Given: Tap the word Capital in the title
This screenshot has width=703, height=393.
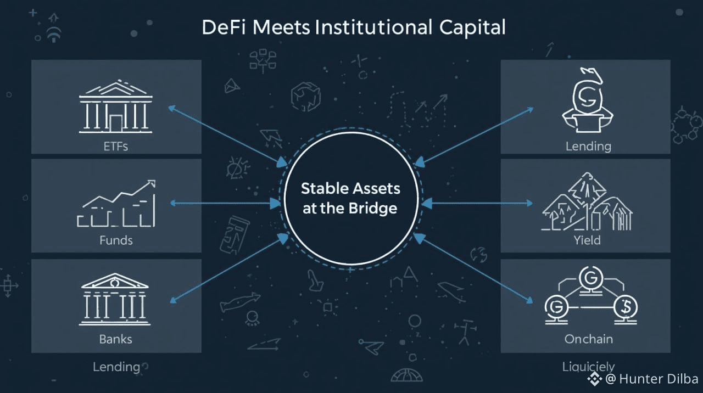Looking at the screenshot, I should click(474, 27).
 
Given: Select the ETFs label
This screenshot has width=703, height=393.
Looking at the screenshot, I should click(115, 147).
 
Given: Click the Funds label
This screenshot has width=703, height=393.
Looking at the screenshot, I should click(116, 240).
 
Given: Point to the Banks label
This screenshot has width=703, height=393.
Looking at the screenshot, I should click(115, 339).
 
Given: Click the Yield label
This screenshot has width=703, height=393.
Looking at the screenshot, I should click(587, 240).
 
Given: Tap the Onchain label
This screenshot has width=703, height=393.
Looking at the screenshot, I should click(588, 339).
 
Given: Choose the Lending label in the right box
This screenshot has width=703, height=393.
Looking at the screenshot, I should click(588, 147).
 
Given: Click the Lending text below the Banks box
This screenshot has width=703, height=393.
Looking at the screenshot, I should click(116, 367).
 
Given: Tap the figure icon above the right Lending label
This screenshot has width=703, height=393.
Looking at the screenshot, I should click(588, 102).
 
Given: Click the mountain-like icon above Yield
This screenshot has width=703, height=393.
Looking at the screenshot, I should click(587, 203).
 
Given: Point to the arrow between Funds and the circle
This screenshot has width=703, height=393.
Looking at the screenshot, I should click(226, 203).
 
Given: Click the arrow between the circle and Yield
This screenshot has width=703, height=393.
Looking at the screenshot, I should click(476, 203).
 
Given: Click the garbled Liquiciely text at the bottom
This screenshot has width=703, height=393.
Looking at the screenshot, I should click(588, 367).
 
